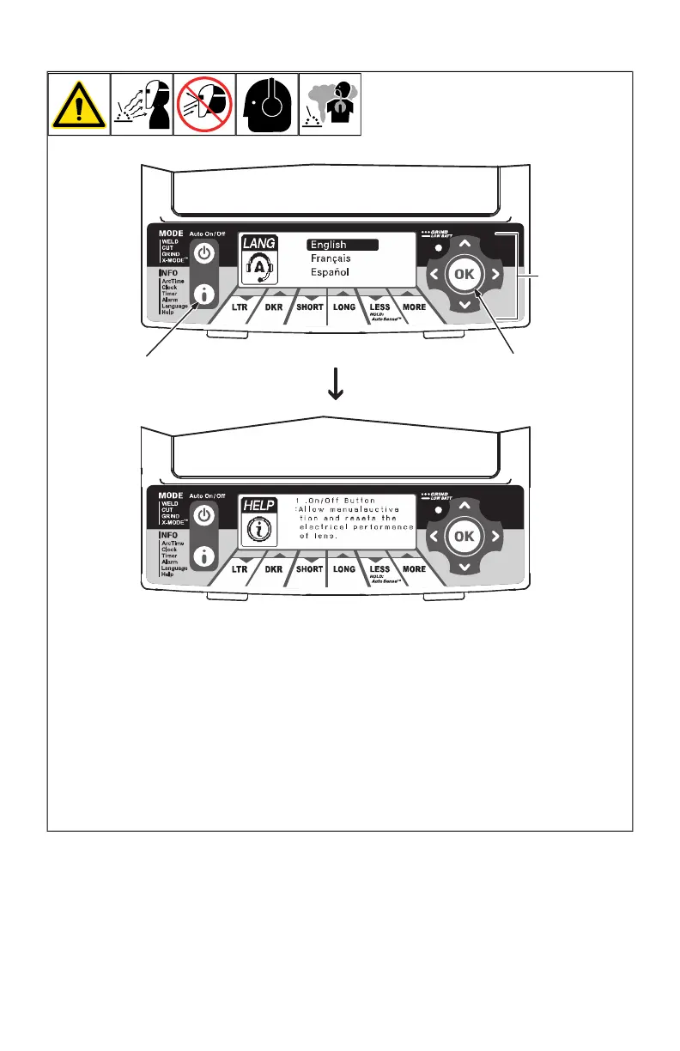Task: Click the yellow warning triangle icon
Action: (x=79, y=104)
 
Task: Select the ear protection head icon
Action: (x=268, y=104)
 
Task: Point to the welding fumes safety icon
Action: (x=331, y=104)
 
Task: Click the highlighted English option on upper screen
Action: (x=342, y=245)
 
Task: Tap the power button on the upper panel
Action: (x=204, y=255)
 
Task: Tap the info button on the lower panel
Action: (x=204, y=556)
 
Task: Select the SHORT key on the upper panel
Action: (x=309, y=307)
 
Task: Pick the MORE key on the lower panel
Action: (x=414, y=569)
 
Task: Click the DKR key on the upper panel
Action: (x=275, y=307)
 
